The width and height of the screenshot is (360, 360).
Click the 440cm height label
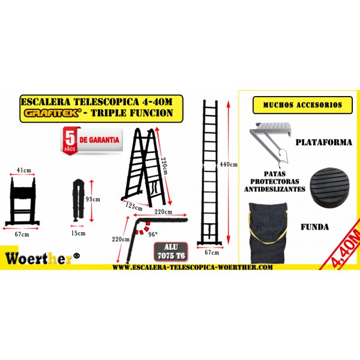click(229, 164)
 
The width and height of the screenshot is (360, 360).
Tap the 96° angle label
click(153, 234)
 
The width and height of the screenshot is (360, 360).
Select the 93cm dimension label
click(93, 199)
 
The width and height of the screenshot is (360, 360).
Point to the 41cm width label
click(24, 170)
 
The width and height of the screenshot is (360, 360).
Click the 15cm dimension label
click(78, 233)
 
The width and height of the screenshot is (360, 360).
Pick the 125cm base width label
click(134, 206)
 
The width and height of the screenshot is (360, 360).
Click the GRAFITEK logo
click(53, 113)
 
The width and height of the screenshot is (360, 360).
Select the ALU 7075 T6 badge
click(171, 251)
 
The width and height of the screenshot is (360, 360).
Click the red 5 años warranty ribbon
click(70, 140)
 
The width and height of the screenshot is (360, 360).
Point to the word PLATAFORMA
click(324, 142)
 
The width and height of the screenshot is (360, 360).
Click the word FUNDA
click(315, 227)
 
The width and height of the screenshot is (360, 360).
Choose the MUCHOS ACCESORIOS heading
click(302, 105)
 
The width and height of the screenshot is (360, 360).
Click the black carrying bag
click(268, 233)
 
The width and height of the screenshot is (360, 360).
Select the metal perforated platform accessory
click(271, 143)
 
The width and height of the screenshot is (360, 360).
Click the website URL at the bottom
click(193, 267)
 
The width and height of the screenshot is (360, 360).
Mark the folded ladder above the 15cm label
click(78, 200)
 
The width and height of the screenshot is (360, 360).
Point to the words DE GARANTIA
click(100, 140)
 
